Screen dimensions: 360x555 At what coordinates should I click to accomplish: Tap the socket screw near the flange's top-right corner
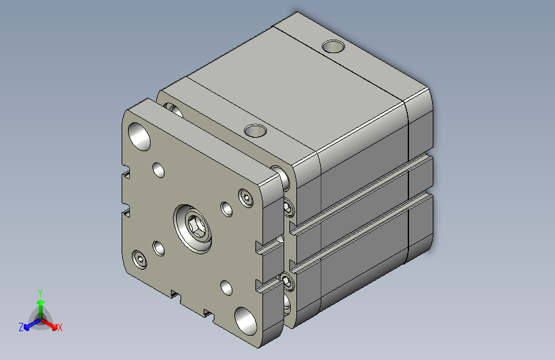(x=247, y=198)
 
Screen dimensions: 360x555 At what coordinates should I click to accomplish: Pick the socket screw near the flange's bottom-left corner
(x=140, y=259)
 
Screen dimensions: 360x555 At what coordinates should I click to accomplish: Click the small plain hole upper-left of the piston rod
(x=158, y=170)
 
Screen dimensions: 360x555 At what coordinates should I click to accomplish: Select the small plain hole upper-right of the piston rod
(x=226, y=209)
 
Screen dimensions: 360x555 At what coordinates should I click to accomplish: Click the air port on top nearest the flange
(x=255, y=131)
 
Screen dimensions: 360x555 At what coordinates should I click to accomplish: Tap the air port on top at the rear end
(x=333, y=46)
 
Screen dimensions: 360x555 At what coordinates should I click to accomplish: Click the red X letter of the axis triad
(x=60, y=327)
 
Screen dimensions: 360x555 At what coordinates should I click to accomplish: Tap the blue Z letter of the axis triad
(x=21, y=327)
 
